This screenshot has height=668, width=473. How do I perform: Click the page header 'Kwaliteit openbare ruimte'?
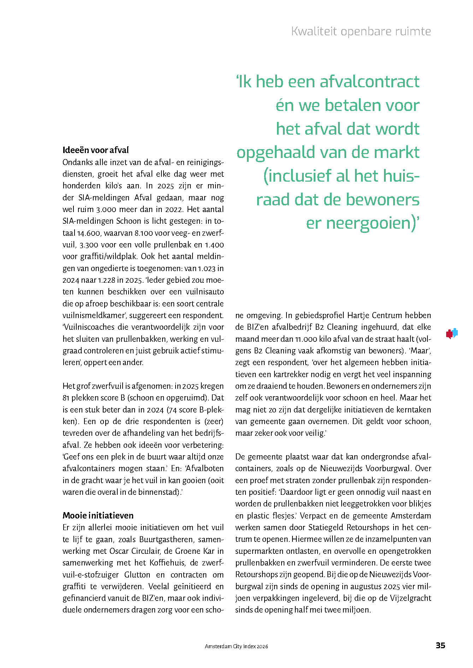coord(361,31)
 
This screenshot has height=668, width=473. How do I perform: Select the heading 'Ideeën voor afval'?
coord(95,150)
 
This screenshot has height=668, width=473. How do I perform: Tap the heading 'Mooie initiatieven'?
coord(98,515)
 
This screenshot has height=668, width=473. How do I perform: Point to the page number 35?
coord(440,645)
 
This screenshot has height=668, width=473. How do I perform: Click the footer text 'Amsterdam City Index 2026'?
coord(236,646)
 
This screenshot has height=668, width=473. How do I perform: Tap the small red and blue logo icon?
coord(452,333)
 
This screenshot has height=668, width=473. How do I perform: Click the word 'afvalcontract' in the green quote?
coord(369,82)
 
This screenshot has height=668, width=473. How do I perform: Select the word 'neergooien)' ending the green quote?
coord(369,223)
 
